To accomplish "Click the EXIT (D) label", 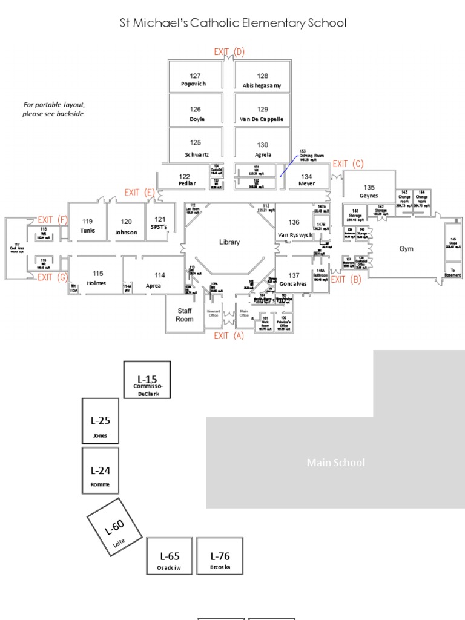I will point(229,52).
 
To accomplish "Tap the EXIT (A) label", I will point(229,335).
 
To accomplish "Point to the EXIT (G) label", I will point(53,277).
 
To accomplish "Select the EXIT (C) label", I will point(348,164).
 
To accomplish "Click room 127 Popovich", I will point(194,80).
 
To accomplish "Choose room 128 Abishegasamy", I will point(262,81).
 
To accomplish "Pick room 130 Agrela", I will point(262,150).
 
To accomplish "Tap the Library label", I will point(229,242).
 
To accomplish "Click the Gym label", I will point(406,249).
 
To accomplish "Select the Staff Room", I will point(185,315).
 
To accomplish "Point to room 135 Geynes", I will point(369,191).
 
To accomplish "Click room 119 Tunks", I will point(88,226).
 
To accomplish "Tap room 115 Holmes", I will point(96,279).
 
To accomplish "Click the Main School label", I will point(336,463).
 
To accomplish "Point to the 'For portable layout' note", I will point(54,109).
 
